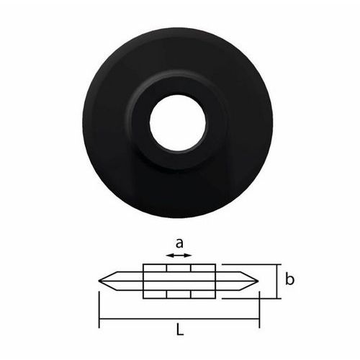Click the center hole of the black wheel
(x=178, y=123)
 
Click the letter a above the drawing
(x=179, y=243)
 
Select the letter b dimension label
(x=289, y=279)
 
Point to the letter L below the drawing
(x=180, y=329)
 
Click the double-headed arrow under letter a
(x=179, y=256)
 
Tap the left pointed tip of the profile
(x=99, y=281)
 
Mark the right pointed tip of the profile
(x=258, y=281)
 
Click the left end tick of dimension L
(x=99, y=310)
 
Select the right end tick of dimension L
(x=259, y=310)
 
